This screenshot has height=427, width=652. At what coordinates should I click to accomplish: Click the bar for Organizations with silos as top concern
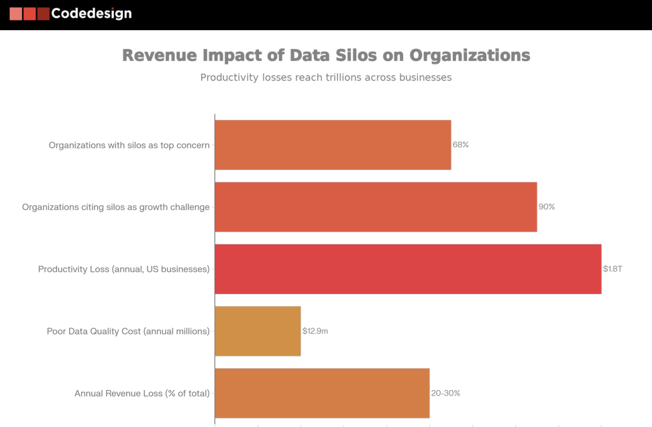point(333,145)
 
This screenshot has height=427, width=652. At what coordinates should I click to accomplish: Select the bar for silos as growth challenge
point(376,207)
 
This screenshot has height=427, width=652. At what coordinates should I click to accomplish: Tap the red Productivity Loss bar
point(408,269)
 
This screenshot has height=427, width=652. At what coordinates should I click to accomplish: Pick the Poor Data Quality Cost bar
point(258,331)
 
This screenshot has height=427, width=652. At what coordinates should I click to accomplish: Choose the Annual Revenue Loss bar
point(322,393)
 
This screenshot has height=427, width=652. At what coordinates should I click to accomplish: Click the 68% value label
point(460,145)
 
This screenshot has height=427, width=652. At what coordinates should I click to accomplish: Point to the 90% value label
point(547,207)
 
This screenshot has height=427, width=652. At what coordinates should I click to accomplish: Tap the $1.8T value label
point(612,269)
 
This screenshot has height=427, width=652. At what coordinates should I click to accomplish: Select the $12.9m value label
point(315,331)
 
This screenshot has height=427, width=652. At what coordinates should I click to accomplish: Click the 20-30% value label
point(445,393)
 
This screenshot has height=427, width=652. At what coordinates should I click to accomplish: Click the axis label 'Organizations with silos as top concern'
point(129,145)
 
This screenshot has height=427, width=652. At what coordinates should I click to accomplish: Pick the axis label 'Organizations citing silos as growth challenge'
point(115,207)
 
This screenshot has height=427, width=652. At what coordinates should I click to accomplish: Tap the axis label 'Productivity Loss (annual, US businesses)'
point(123,269)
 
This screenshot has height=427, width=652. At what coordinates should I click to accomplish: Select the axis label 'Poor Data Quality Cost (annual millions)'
point(128,331)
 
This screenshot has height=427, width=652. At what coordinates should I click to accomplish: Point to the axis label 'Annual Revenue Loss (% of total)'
point(142,393)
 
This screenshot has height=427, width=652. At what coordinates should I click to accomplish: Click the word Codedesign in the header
point(91,13)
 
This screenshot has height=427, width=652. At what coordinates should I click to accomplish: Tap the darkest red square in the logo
point(44,13)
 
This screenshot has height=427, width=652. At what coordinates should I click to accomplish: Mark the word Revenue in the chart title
point(159,55)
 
